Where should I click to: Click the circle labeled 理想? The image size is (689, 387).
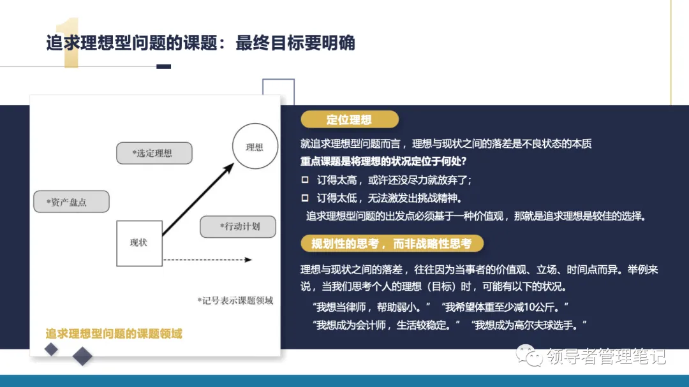tap(255, 147)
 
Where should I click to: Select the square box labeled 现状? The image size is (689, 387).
tap(139, 243)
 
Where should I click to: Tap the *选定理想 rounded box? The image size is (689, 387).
tap(154, 153)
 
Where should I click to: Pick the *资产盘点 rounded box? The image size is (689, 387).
tap(71, 201)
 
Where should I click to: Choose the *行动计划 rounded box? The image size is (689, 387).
tap(238, 226)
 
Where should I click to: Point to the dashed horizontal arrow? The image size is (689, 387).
tap(207, 259)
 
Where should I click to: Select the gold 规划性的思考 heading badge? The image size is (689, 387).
tap(392, 244)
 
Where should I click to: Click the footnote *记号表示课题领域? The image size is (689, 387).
tap(235, 300)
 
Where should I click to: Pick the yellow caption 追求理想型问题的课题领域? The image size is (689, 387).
tap(114, 333)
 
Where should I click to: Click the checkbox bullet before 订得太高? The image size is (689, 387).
tap(305, 180)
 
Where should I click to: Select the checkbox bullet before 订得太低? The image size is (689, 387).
tap(305, 198)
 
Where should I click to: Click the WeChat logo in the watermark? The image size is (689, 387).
tap(527, 355)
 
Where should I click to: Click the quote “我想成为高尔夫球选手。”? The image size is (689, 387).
tap(529, 325)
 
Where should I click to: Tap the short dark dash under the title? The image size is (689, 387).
tap(163, 66)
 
